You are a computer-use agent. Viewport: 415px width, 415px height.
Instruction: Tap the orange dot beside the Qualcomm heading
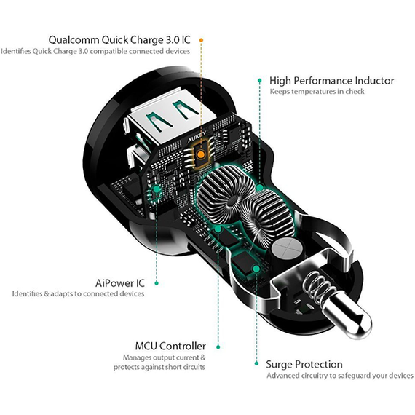coord(202,39)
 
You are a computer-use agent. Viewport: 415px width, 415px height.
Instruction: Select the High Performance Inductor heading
coord(331,81)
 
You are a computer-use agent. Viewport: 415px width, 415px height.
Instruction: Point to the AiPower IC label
coord(120,282)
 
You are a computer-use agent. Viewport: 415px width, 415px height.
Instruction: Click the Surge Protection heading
coord(304,364)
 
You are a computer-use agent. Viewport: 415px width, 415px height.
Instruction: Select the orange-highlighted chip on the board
coord(201,153)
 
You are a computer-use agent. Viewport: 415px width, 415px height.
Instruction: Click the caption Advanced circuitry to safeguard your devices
coord(339,376)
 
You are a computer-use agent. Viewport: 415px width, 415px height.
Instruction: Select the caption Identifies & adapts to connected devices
coord(78,293)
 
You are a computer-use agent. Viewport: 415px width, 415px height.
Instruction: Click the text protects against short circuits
coord(159,367)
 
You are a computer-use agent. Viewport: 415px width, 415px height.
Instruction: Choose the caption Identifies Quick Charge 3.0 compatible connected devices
coord(95,51)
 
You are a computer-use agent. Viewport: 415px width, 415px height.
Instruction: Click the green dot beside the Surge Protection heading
coord(256,363)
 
